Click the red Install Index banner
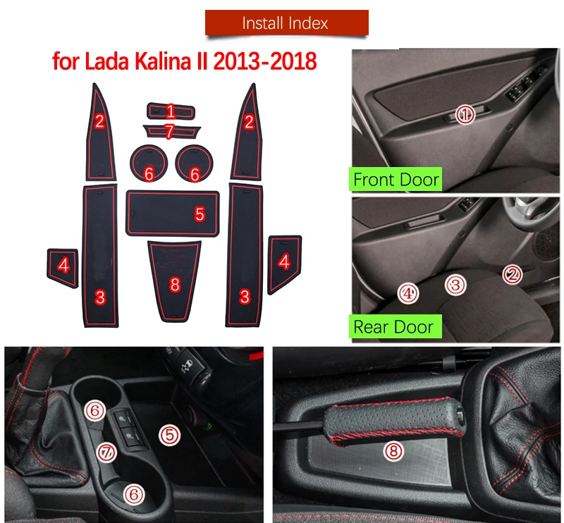[285, 23]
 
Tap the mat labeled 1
[171, 111]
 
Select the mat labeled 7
[170, 130]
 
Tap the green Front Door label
[396, 179]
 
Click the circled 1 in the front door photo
[465, 113]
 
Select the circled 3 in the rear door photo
[456, 285]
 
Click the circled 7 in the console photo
[106, 452]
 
